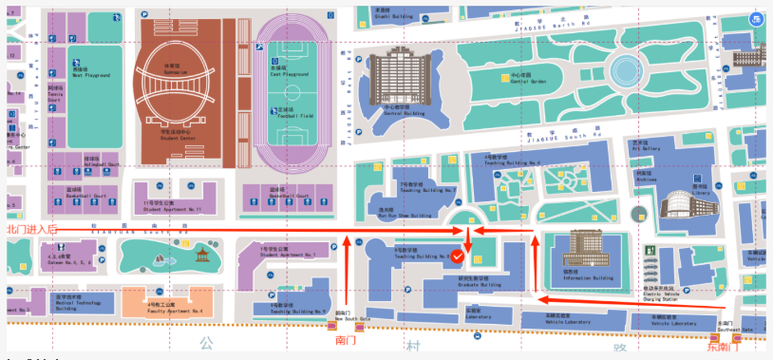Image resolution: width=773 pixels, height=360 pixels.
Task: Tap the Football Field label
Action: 293,113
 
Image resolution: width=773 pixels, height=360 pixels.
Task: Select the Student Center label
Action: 177,136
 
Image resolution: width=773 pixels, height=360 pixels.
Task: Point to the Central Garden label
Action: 528,79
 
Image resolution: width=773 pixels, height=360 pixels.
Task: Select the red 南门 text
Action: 345,339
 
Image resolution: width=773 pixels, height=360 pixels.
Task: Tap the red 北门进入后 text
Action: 31,229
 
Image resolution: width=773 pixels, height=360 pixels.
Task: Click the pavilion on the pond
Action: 201,255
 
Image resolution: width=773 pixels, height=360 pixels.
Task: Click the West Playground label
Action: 91,73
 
